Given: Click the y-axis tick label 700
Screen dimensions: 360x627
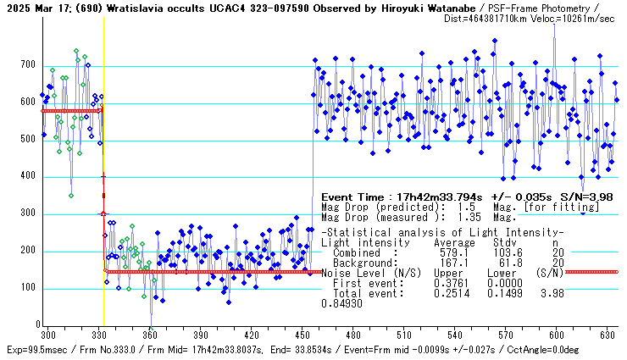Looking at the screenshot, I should (28, 65).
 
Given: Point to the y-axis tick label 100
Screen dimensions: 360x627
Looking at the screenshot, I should (28, 288).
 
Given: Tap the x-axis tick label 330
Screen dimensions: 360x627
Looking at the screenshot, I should (99, 335).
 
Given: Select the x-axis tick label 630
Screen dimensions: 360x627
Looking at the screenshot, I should (608, 335).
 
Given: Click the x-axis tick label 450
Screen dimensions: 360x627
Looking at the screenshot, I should (302, 335).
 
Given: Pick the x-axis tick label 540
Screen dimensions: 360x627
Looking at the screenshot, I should (456, 335).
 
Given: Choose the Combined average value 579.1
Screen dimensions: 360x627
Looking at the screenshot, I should (460, 252).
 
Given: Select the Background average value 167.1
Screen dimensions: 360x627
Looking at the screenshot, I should (460, 263).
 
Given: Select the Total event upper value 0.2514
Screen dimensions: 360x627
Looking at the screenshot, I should (460, 293).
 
